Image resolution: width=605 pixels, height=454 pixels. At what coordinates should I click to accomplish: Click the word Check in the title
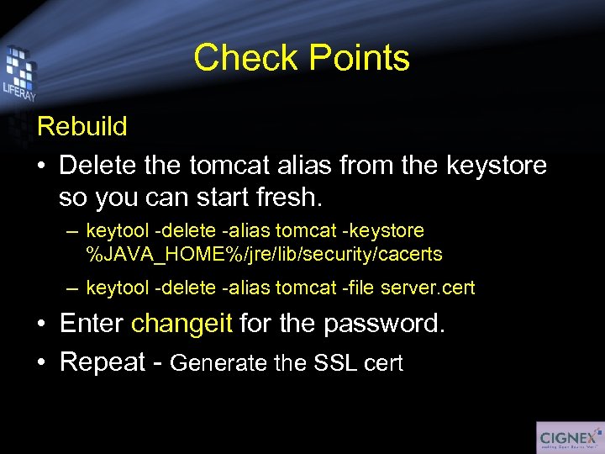[x=243, y=58]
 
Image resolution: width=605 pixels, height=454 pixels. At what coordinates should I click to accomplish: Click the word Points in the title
[x=359, y=58]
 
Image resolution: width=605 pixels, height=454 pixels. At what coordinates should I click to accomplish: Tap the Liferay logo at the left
[x=18, y=77]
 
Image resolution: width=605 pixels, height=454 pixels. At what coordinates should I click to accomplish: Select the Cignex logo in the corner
[x=569, y=437]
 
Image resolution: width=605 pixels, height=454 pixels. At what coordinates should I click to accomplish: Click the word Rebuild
[x=82, y=127]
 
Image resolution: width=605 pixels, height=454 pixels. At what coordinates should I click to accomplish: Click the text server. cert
[x=428, y=288]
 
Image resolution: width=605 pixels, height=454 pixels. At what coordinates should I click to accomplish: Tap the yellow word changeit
[x=181, y=324]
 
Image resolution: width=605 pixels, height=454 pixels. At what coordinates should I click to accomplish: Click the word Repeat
[x=104, y=362]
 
